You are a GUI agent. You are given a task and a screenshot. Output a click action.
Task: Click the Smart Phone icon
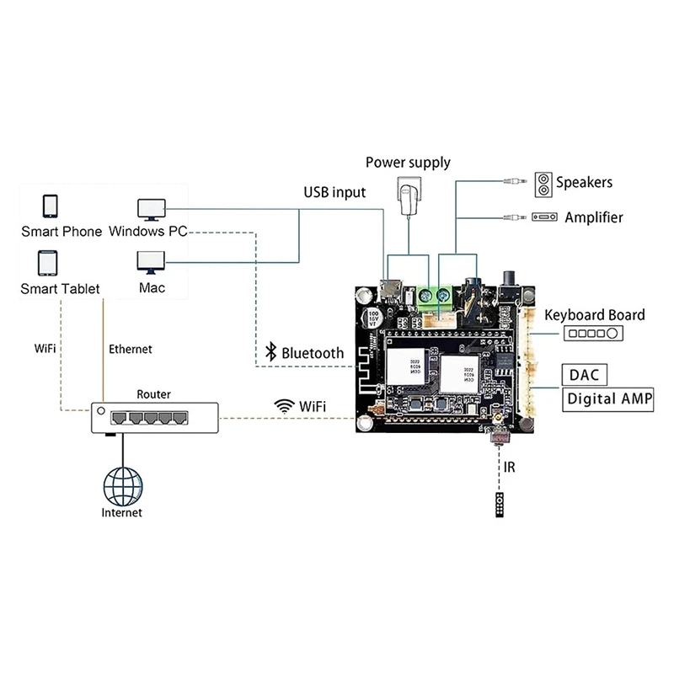(x=50, y=206)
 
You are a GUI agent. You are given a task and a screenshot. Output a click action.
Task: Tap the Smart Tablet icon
(x=48, y=264)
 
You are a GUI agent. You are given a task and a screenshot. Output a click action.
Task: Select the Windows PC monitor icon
(x=152, y=208)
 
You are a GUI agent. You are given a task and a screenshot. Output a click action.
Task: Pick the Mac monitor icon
(x=152, y=263)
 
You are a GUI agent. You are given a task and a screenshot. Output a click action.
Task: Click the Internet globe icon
(x=122, y=484)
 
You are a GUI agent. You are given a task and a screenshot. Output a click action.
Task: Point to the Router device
(x=154, y=417)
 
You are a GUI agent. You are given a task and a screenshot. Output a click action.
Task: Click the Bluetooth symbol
(x=271, y=353)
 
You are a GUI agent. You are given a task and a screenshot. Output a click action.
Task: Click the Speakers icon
(x=543, y=182)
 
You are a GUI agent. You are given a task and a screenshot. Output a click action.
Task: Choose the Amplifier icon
(x=544, y=217)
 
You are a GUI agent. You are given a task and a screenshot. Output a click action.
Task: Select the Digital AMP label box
(x=608, y=399)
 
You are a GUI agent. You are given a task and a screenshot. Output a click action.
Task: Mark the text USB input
(x=334, y=193)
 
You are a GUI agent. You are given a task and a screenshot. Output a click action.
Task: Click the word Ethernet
(x=131, y=349)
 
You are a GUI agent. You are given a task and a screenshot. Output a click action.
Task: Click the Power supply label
(x=408, y=163)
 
